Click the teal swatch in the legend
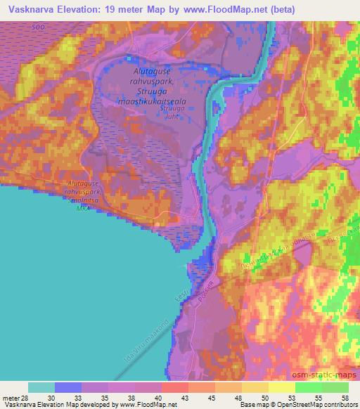click(x=41, y=387)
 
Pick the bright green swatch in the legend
click(x=308, y=387)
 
